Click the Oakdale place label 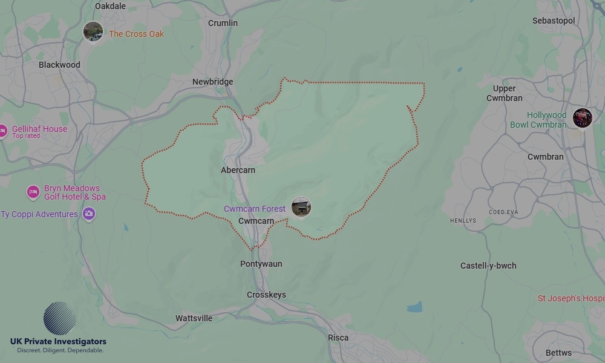click(x=111, y=6)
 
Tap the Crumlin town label click(x=223, y=23)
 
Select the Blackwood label click(x=59, y=65)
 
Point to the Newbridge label click(x=212, y=82)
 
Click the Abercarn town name click(x=238, y=170)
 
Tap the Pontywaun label click(x=261, y=264)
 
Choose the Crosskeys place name click(x=266, y=295)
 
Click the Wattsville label click(x=194, y=318)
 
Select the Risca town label click(x=338, y=338)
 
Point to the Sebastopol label click(x=554, y=21)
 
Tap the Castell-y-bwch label click(x=488, y=266)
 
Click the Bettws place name click(x=558, y=353)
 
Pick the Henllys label click(x=463, y=221)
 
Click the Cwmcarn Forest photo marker click(x=301, y=207)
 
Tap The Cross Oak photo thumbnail click(x=93, y=31)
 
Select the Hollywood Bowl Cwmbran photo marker click(x=582, y=118)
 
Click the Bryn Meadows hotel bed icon click(x=33, y=192)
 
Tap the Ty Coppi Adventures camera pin click(x=89, y=214)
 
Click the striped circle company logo click(x=60, y=318)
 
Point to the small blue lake click(x=414, y=307)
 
